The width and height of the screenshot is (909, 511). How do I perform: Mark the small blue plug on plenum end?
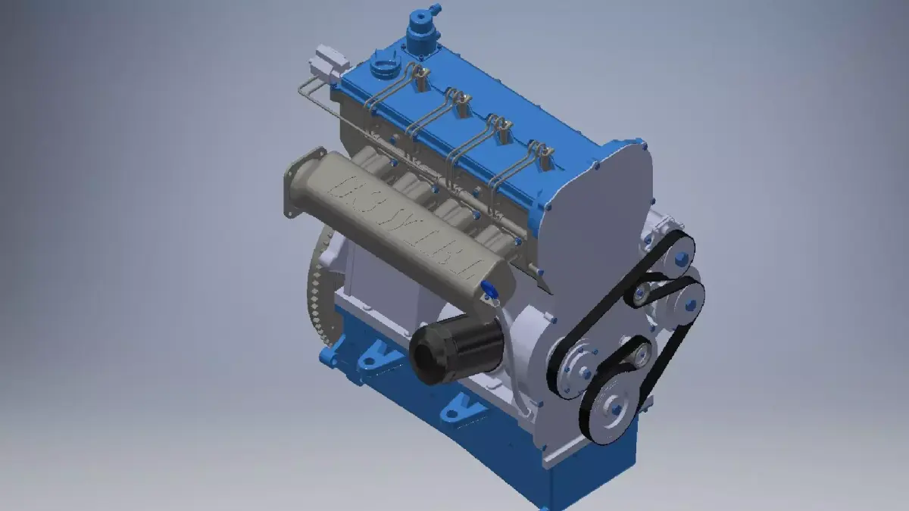(x=489, y=288)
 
